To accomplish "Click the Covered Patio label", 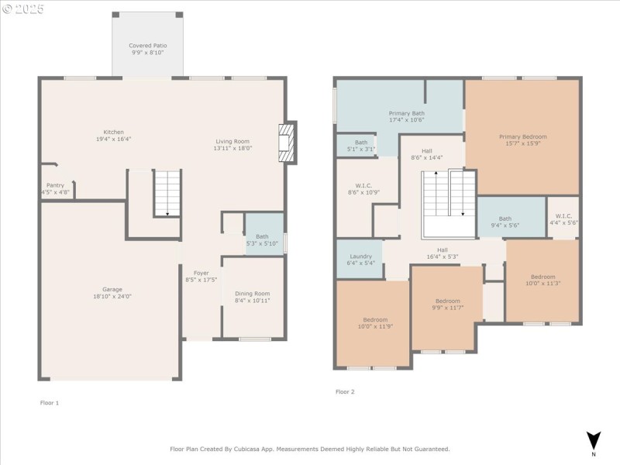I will tap(147, 46).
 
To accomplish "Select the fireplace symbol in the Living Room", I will tap(287, 143).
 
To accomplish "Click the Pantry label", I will tap(55, 185).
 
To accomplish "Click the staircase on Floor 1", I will tap(166, 194).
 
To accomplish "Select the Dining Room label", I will tap(253, 293).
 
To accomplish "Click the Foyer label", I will tap(201, 273).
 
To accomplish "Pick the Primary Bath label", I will tap(406, 114).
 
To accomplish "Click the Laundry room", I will tap(360, 260).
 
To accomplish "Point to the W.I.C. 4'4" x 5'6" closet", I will tap(563, 218).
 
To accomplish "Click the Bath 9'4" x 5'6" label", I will tap(505, 219).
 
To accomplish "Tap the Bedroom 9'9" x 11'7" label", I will tap(447, 301).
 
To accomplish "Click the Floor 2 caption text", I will tap(345, 392).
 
